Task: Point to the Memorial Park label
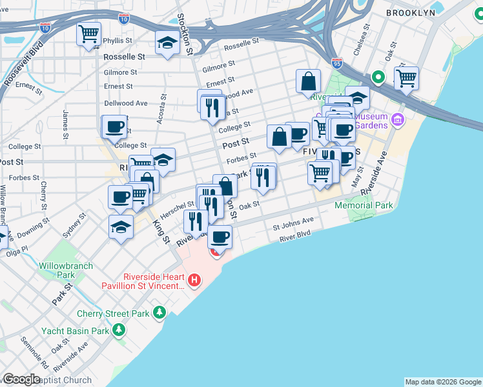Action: (x=364, y=206)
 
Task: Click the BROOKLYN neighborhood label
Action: (x=410, y=13)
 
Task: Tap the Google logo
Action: (x=21, y=379)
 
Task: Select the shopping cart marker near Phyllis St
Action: (x=89, y=34)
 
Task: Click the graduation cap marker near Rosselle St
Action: (x=167, y=43)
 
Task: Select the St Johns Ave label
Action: (x=293, y=224)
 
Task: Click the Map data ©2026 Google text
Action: (x=443, y=382)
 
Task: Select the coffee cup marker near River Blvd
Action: (x=220, y=237)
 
